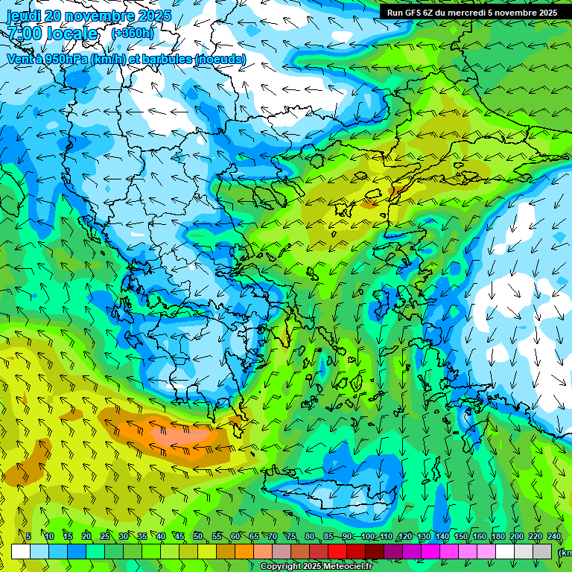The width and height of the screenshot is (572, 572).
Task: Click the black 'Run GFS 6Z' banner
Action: pyautogui.click(x=471, y=12)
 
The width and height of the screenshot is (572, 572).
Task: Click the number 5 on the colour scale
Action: pyautogui.click(x=28, y=536)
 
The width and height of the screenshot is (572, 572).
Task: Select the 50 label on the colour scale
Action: pyautogui.click(x=198, y=536)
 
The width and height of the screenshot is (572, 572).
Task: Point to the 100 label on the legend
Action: pyautogui.click(x=367, y=536)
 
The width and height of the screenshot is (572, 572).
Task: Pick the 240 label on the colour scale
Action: pyautogui.click(x=554, y=536)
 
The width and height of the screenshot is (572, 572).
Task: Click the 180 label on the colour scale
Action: pyautogui.click(x=498, y=536)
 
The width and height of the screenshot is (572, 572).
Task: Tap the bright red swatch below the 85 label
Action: pyautogui.click(x=337, y=551)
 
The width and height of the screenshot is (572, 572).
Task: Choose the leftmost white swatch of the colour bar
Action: pyautogui.click(x=21, y=551)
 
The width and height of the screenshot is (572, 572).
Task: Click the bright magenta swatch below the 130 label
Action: pyautogui.click(x=430, y=551)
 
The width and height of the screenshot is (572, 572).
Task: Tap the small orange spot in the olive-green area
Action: pyautogui.click(x=369, y=200)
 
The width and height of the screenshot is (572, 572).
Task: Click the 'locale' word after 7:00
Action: pyautogui.click(x=71, y=34)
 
